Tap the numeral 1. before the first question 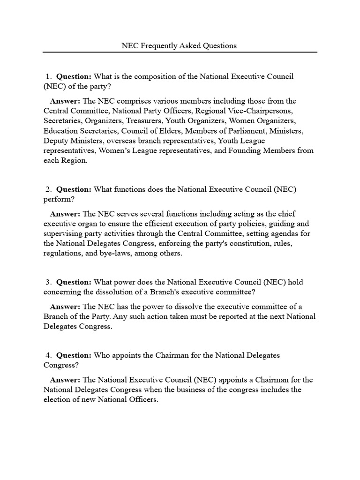[x=48, y=76]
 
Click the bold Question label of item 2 [x=74, y=189]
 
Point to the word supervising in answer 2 [x=65, y=233]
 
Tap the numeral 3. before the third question [x=48, y=282]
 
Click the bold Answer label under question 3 [x=65, y=307]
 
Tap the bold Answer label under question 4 [x=65, y=380]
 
